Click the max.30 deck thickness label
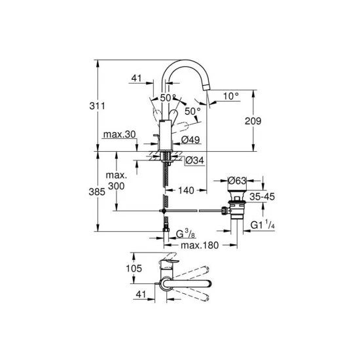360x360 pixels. point(119,134)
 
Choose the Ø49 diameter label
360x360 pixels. point(190,139)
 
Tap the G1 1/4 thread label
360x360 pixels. point(265,225)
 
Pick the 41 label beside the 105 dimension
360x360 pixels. point(139,295)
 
